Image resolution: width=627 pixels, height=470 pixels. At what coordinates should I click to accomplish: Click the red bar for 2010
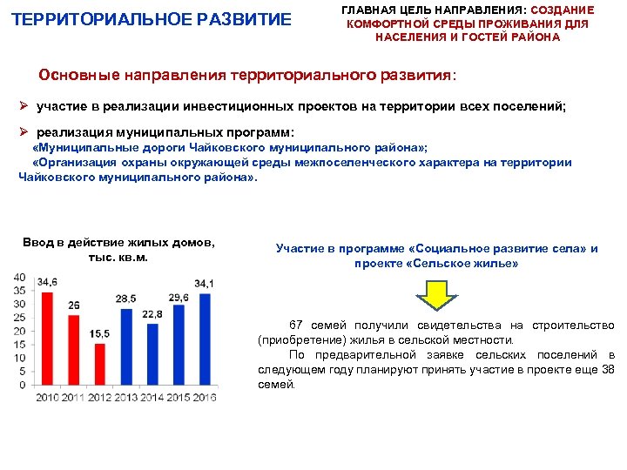coord(48,339)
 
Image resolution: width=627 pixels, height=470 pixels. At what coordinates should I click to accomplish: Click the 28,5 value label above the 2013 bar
coord(126,299)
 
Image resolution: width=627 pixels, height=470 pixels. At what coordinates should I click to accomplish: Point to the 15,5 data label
coord(99,333)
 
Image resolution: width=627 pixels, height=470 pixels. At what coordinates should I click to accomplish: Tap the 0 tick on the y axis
coord(22,385)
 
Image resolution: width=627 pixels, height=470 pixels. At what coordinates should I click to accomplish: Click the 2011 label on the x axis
coord(74,398)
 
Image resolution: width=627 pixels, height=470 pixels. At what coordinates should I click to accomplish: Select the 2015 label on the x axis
coord(179,398)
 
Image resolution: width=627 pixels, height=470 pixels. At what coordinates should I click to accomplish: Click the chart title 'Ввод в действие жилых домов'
coord(118,243)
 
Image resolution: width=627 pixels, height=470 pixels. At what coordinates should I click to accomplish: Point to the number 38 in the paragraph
coord(608,369)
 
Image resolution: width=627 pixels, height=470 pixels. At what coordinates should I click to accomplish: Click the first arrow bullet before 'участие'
coord(26,105)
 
